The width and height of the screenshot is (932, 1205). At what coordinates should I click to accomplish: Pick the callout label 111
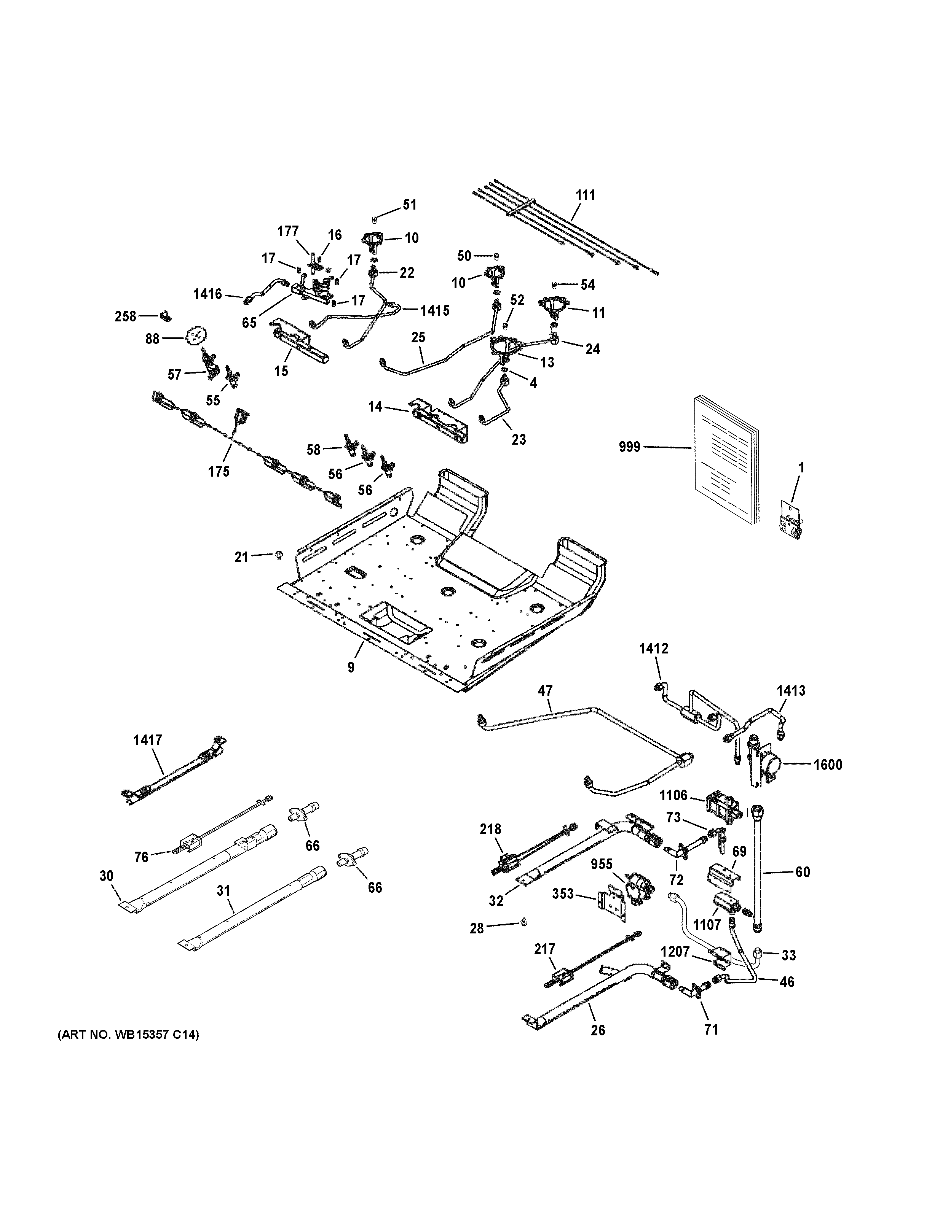coord(585,195)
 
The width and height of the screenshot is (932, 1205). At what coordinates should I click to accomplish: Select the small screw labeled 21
coord(278,555)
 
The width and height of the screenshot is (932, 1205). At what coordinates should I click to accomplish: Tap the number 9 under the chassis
coord(351,667)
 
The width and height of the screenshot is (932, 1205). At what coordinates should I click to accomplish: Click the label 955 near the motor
coord(602,864)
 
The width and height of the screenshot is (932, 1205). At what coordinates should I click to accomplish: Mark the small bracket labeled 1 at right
coord(791,519)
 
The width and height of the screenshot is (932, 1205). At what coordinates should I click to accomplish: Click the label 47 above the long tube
coord(545,690)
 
